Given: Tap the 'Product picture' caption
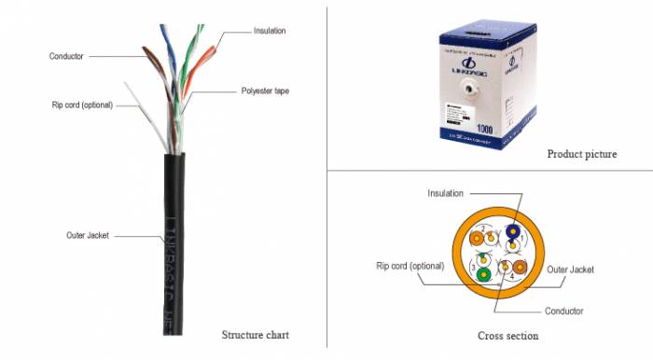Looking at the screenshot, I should (581, 154).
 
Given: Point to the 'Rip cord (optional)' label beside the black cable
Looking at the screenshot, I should (82, 104).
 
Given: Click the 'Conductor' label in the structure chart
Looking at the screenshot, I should (66, 56).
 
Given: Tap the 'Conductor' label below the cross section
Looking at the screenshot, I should (564, 311).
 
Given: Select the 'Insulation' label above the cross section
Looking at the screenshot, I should (446, 193).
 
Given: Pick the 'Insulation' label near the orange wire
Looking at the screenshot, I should (270, 31).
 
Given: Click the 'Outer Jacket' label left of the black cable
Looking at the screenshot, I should (88, 235).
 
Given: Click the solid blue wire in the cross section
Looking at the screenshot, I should (512, 234).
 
